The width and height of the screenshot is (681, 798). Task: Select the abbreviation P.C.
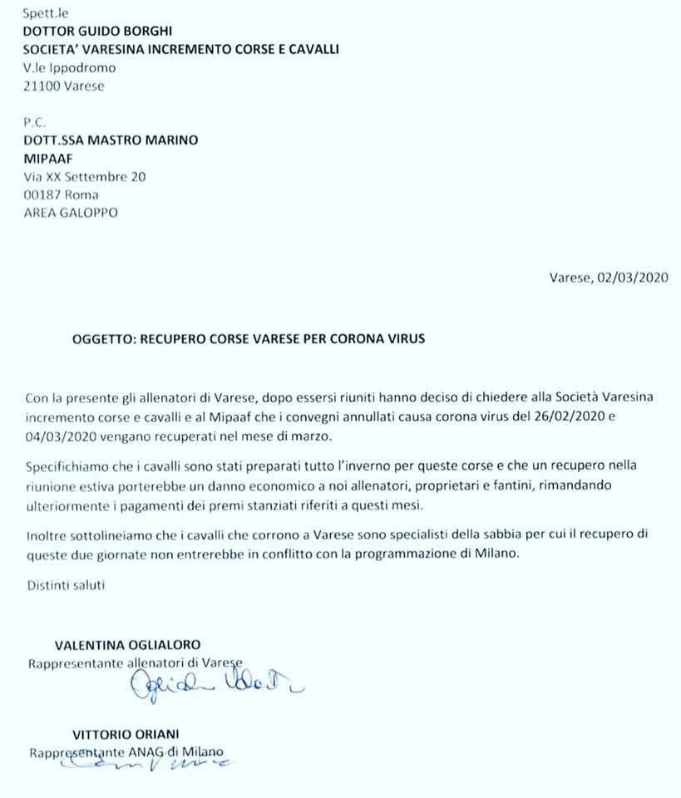(x=34, y=122)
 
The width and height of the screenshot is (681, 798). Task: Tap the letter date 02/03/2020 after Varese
(x=632, y=278)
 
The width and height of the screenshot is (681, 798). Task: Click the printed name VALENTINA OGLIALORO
(x=127, y=644)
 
